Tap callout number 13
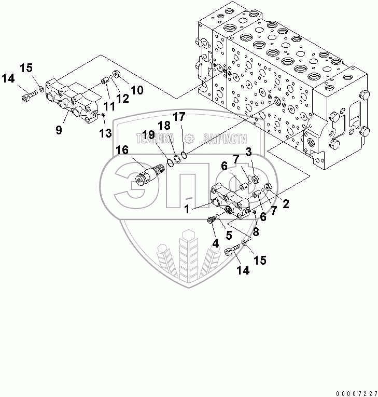point(106,133)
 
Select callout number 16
point(122,151)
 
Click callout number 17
point(179,118)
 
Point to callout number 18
point(164,126)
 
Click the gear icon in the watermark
point(190,139)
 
